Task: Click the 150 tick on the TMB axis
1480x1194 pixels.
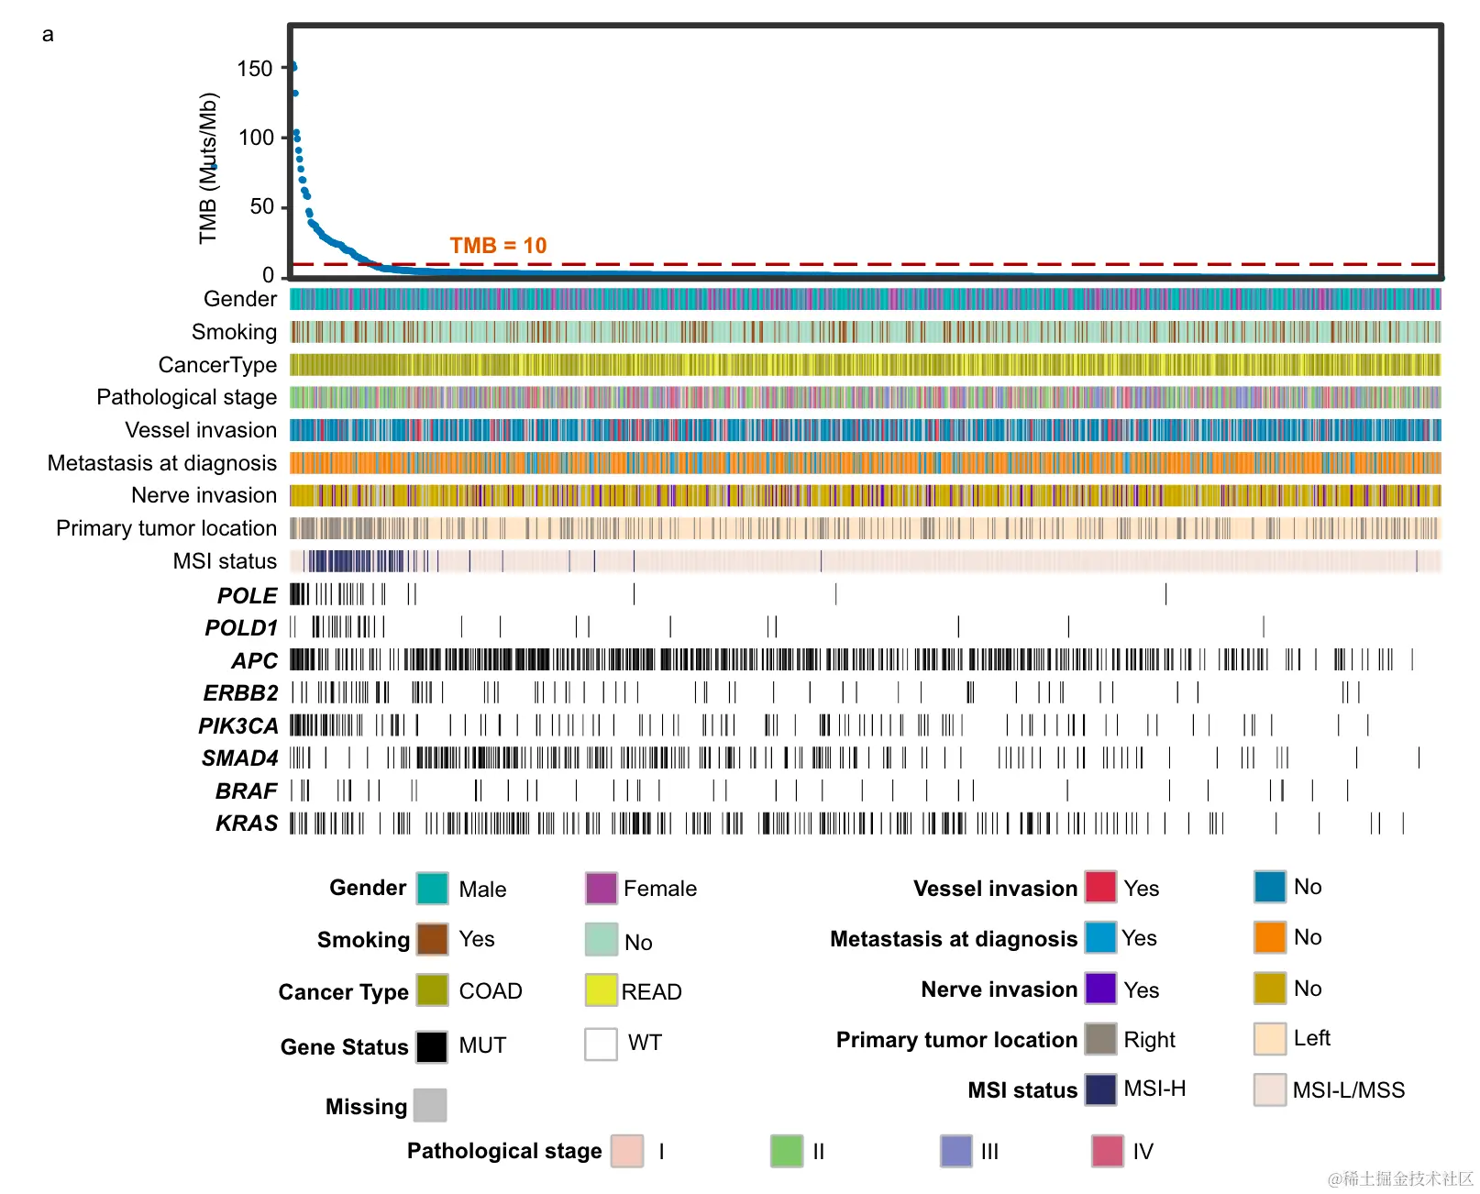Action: tap(255, 69)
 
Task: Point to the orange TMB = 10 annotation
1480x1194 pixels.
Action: tap(498, 245)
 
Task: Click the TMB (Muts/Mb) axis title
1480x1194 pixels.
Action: tap(208, 168)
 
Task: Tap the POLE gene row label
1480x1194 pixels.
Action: tap(247, 596)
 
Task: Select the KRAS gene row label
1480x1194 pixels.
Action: tap(246, 824)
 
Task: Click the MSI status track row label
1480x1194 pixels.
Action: tap(225, 561)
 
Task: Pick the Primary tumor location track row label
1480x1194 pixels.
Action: tap(166, 528)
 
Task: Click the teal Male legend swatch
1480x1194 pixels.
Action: tap(432, 889)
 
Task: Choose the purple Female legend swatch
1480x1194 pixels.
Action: tap(601, 889)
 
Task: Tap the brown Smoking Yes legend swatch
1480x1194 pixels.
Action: tap(432, 939)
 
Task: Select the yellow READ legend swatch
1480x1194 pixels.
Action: tap(601, 990)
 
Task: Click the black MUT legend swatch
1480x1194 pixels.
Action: tap(432, 1046)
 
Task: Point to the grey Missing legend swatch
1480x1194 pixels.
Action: tap(430, 1105)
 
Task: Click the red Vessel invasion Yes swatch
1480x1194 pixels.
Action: tap(1100, 887)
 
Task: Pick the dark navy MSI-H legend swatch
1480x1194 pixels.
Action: tap(1100, 1089)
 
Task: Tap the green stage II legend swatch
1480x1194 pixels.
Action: tap(787, 1151)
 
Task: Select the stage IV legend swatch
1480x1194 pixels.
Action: tap(1108, 1151)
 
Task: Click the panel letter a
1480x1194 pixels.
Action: tap(48, 35)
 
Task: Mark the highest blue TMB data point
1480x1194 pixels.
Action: tap(293, 67)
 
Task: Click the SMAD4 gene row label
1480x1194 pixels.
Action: tap(239, 758)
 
